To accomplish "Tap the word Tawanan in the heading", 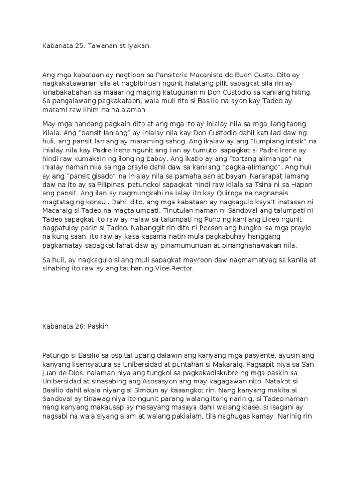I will click(96, 46).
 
